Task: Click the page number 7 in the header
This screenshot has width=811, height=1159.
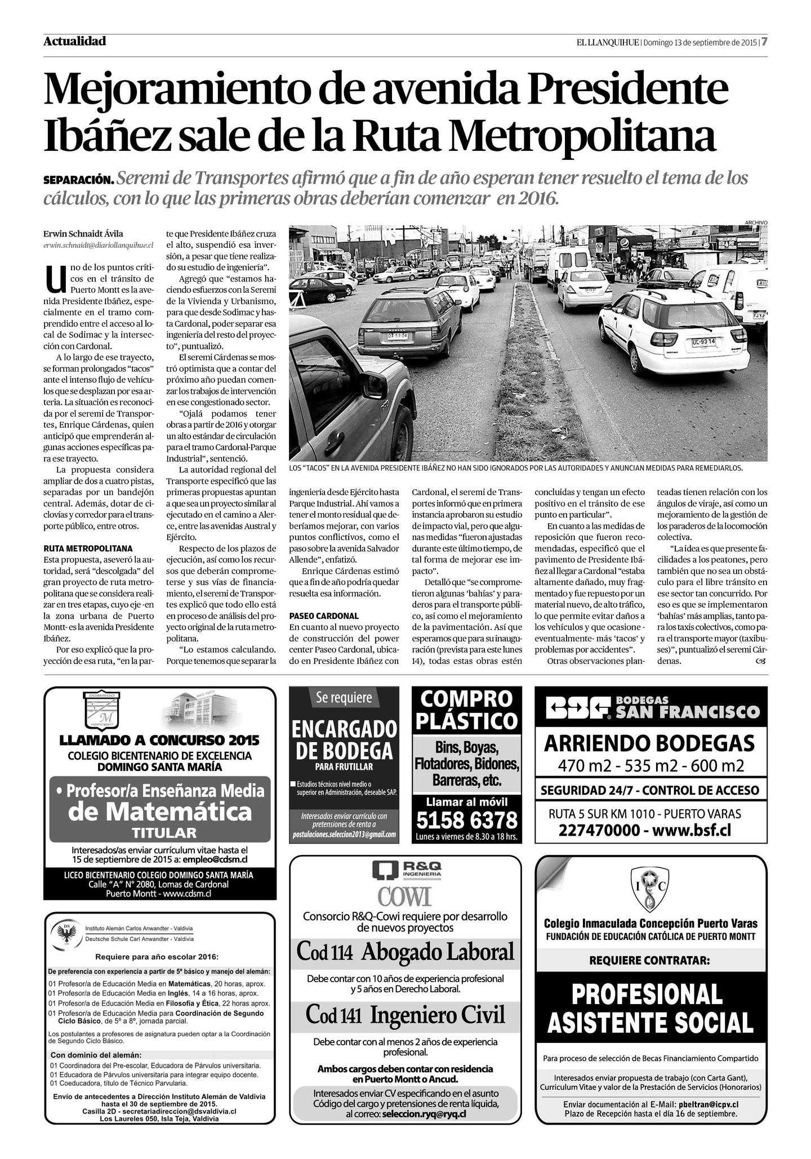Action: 765,42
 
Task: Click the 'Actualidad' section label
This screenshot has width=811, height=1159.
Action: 74,41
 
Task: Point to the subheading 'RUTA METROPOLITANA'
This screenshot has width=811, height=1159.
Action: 88,548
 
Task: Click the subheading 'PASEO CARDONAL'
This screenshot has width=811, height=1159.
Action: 324,616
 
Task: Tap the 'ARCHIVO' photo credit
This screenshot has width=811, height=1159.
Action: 755,222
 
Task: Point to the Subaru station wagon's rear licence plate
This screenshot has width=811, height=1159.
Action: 397,336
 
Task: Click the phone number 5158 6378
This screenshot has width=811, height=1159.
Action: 467,819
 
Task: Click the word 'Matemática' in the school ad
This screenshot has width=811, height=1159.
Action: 160,812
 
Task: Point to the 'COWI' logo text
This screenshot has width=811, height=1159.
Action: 404,895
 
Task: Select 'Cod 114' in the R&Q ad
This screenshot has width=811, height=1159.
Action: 325,951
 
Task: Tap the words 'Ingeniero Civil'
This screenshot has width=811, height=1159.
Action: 438,1015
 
